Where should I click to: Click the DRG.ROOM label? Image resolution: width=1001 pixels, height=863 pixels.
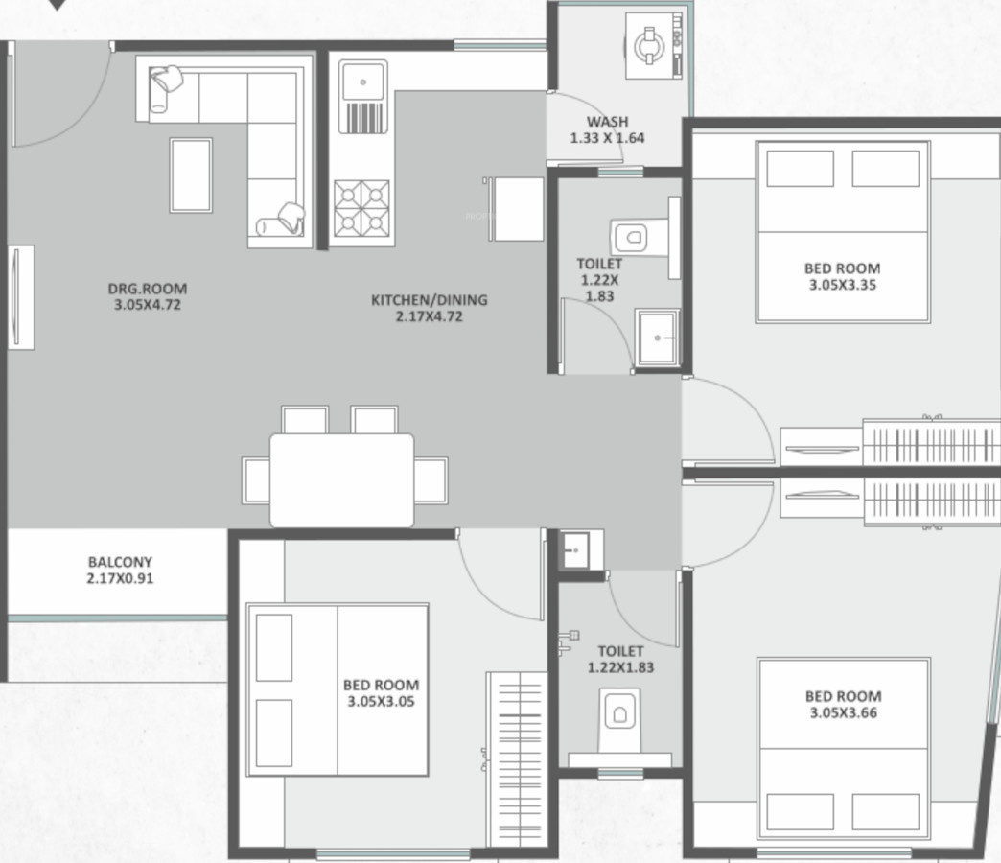click(x=148, y=289)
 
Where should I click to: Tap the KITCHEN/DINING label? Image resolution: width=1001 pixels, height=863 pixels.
click(x=429, y=300)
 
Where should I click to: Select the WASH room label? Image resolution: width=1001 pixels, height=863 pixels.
click(x=607, y=121)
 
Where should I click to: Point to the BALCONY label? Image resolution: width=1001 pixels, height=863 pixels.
click(x=120, y=562)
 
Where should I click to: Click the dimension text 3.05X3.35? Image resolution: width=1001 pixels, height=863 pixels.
click(x=843, y=285)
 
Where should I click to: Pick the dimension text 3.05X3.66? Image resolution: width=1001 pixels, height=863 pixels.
click(x=844, y=712)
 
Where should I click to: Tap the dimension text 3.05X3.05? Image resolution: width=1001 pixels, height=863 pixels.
click(x=381, y=701)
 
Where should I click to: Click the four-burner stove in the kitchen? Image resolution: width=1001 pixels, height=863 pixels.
click(x=362, y=208)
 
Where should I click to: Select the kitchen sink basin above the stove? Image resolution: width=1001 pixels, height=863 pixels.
click(x=362, y=82)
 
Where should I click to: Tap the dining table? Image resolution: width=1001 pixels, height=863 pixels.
click(x=341, y=480)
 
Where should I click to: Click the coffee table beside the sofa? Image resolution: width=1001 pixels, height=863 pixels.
click(x=191, y=175)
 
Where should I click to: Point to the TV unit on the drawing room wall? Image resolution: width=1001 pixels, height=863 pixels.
click(x=21, y=297)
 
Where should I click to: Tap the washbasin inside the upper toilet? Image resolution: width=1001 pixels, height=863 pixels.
click(x=658, y=337)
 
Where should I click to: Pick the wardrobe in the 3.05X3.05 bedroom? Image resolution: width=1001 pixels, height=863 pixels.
click(x=517, y=759)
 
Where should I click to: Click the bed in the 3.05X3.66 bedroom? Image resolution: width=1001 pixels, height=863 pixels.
click(x=844, y=748)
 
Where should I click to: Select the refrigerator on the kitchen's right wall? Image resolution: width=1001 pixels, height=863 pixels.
click(x=516, y=209)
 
